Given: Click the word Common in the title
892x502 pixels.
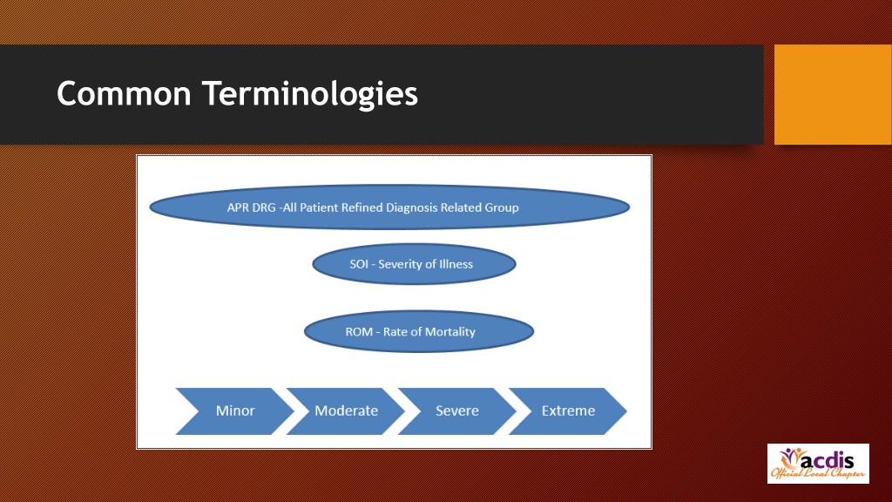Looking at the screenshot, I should [123, 92].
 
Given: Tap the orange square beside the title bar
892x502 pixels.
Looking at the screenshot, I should [832, 94].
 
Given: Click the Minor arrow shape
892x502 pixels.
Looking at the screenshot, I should [234, 410].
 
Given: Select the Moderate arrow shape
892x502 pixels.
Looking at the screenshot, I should [346, 410].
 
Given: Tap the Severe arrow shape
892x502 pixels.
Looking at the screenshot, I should [456, 410].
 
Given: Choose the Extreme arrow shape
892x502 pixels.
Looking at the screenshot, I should [568, 410].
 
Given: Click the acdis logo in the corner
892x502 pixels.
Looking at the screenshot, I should [817, 464].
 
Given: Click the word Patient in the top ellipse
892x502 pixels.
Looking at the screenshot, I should [321, 207].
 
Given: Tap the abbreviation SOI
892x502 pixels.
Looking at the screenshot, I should [360, 264].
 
